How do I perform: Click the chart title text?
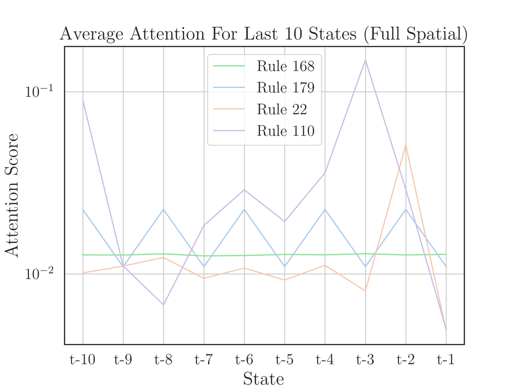click(264, 34)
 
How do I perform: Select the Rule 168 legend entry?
click(285, 66)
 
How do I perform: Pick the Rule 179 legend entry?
click(285, 88)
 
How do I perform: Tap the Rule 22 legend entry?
click(281, 109)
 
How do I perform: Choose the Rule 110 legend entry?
click(285, 131)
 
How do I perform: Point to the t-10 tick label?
click(83, 359)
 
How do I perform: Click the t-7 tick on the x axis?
click(204, 359)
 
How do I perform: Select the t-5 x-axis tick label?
click(284, 359)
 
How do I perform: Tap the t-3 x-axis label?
click(365, 359)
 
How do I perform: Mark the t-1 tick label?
click(446, 359)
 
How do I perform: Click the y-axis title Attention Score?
click(12, 194)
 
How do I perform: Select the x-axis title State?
click(264, 378)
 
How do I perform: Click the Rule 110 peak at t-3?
click(366, 60)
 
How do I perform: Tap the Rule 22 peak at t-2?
click(406, 145)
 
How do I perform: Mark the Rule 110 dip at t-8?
click(163, 305)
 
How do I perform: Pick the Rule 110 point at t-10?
click(83, 100)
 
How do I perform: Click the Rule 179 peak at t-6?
click(244, 209)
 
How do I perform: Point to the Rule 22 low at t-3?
click(365, 291)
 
